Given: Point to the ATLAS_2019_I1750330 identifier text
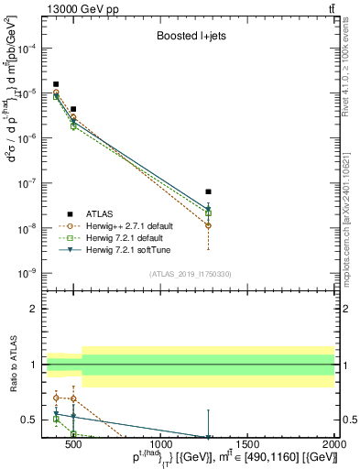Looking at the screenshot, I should [190, 273].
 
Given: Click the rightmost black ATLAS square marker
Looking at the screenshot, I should [209, 191].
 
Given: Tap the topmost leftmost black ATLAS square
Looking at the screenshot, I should [56, 84].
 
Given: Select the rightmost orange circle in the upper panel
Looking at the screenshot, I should [209, 225].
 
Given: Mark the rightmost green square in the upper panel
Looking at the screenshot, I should [209, 213].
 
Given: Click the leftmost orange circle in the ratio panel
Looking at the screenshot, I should [56, 398].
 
